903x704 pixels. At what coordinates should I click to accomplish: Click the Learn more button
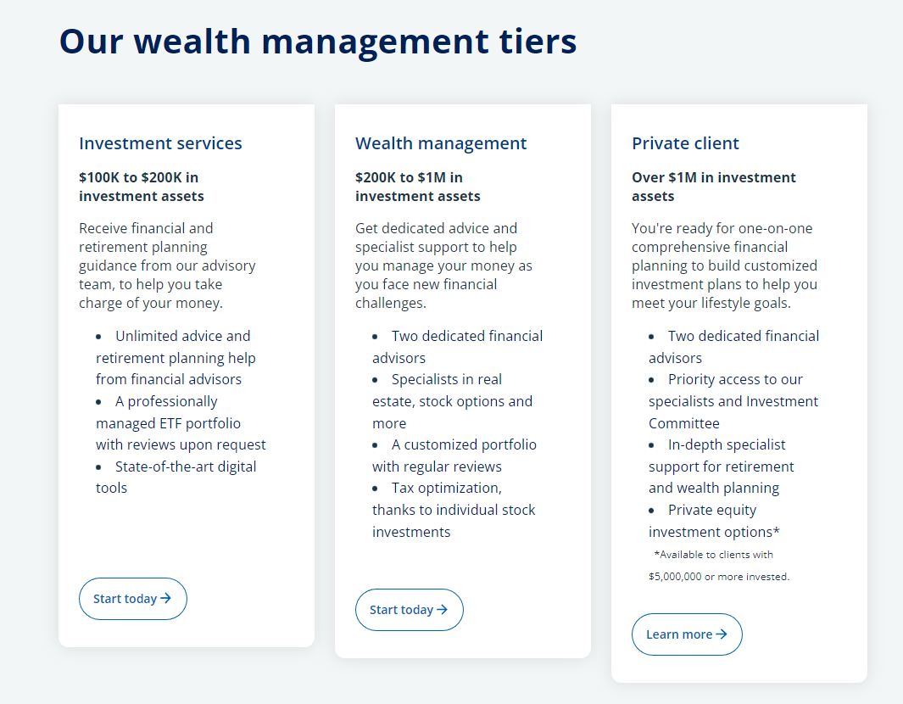[687, 634]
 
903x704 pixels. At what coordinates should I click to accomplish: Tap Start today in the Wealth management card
[409, 610]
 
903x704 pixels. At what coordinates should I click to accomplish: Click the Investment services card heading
[160, 143]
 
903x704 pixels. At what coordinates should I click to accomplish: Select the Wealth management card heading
[441, 143]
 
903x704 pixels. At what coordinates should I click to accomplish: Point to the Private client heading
[685, 143]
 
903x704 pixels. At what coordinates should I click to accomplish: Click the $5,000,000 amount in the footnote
[675, 577]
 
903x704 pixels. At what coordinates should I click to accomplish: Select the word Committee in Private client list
[683, 423]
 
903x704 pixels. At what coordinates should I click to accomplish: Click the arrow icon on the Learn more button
[721, 634]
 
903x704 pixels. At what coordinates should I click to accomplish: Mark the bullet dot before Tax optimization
[375, 489]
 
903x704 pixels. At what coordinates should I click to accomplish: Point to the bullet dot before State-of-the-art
[98, 467]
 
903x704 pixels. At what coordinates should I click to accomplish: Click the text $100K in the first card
[99, 177]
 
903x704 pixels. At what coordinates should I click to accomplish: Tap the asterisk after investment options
[777, 531]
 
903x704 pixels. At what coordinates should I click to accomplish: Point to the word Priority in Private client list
[690, 380]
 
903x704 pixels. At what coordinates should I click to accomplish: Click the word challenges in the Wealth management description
[391, 304]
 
